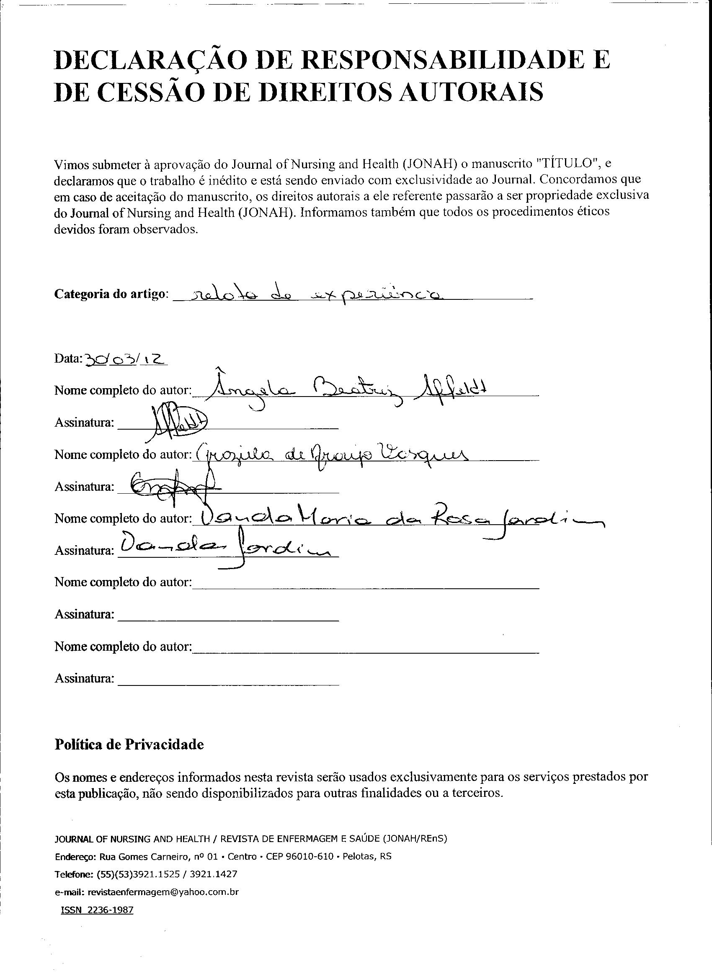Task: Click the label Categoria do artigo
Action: (110, 294)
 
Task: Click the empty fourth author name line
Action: (365, 583)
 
